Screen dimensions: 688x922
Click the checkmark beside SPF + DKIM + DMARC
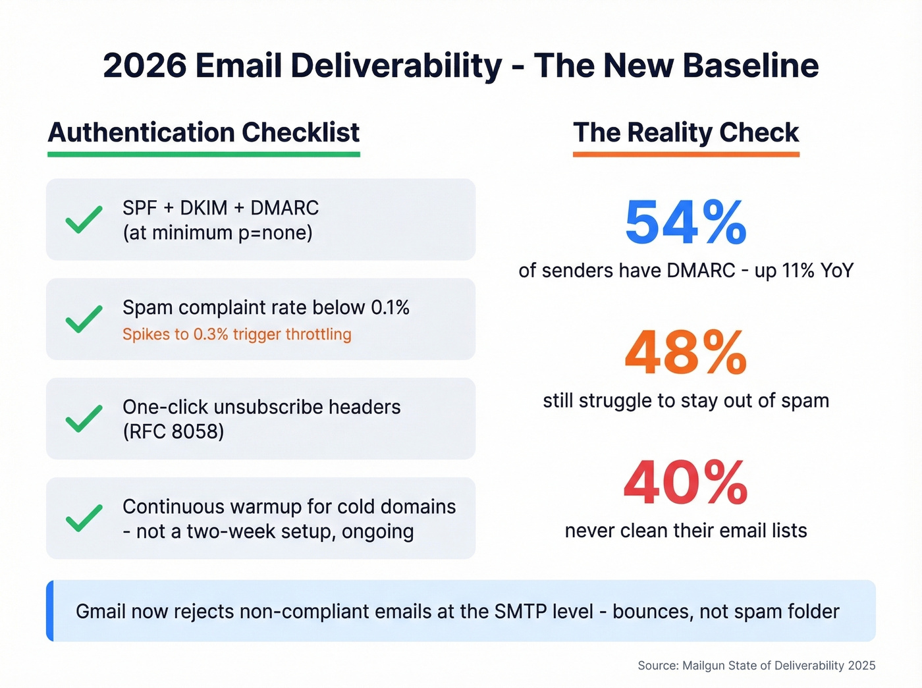[84, 219]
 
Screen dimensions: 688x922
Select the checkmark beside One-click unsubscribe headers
[84, 419]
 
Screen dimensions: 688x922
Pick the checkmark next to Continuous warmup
[84, 518]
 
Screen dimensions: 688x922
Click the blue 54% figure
[686, 223]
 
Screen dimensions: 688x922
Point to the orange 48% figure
[686, 353]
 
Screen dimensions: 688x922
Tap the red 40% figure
[686, 483]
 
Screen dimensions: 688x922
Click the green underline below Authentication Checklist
[203, 154]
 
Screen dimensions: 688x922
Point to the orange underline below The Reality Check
[686, 154]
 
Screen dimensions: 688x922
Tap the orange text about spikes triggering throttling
[236, 334]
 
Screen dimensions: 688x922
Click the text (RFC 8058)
[173, 432]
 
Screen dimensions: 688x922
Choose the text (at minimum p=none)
[217, 233]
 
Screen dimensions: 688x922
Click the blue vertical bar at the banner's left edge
[50, 611]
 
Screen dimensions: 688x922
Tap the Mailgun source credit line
[756, 666]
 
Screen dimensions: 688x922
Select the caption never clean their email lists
[686, 531]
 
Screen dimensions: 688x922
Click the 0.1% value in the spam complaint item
[390, 307]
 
